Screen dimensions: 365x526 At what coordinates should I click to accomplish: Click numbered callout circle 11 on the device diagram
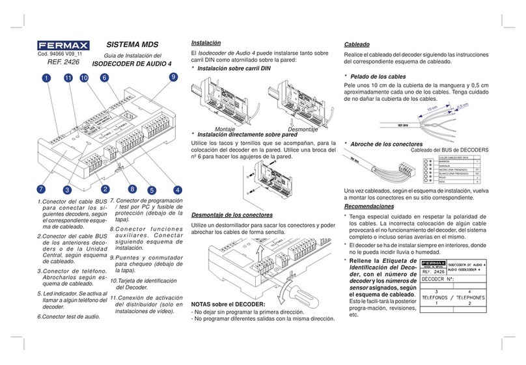(68, 78)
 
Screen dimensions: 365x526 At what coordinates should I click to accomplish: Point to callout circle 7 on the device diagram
(40, 189)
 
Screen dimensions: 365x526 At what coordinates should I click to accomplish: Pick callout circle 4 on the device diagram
(177, 190)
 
